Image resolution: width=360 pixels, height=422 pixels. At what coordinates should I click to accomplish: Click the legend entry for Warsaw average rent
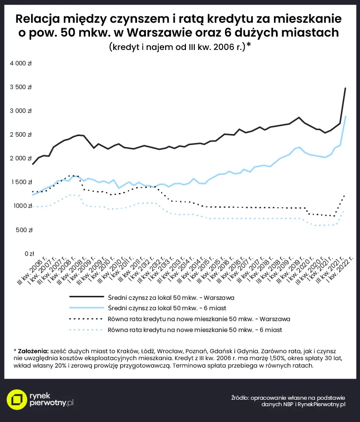[x=171, y=298]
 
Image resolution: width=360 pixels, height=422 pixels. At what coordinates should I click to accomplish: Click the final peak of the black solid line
[x=345, y=88]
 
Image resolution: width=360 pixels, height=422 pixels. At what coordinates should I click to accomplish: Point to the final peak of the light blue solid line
[x=345, y=117]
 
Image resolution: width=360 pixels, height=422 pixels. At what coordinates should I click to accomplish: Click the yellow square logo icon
[x=17, y=400]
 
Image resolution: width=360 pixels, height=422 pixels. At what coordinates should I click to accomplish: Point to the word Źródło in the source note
[x=240, y=397]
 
